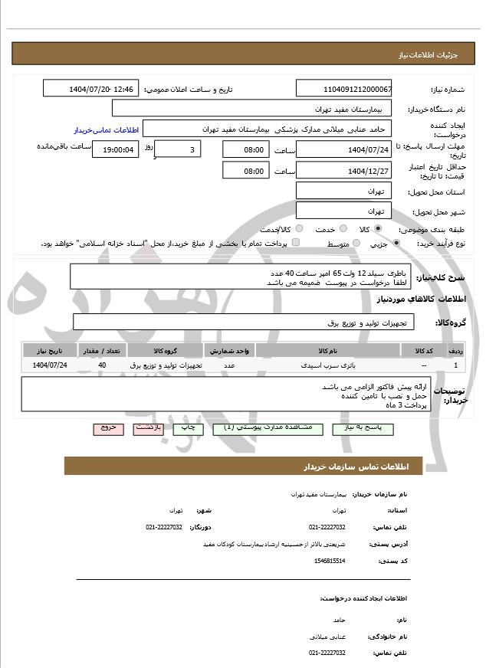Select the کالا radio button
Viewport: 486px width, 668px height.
[378, 228]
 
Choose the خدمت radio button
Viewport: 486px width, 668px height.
[341, 228]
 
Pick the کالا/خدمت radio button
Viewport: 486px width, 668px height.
[299, 228]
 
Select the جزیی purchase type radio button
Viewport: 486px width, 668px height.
[396, 243]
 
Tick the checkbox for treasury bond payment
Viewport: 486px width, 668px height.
[296, 243]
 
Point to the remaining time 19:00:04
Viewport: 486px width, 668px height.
[115, 149]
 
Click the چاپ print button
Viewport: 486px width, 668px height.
[188, 428]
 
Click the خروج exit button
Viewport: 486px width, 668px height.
[108, 428]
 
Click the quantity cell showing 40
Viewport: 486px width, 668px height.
[102, 365]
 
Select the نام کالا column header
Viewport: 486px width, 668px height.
[328, 350]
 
